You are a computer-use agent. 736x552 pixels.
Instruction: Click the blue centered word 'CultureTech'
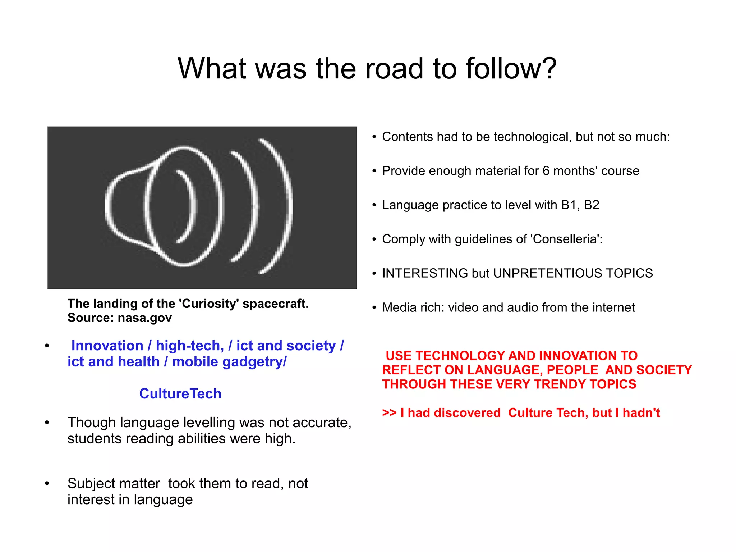click(180, 394)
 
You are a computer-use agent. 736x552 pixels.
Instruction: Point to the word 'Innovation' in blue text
click(107, 346)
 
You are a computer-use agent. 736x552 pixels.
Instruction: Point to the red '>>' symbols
click(389, 413)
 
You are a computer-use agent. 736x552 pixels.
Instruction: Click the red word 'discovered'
click(467, 413)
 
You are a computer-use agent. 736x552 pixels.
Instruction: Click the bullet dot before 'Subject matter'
click(47, 484)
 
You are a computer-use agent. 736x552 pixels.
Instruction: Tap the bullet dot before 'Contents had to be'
click(374, 137)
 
